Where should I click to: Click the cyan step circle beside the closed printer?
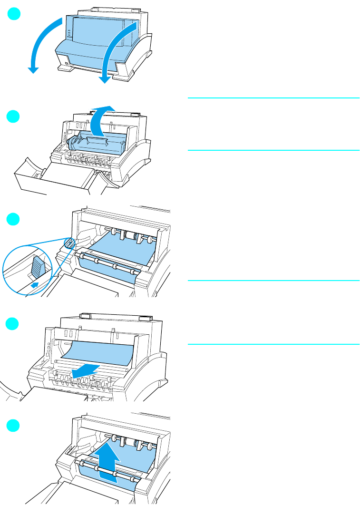(15, 15)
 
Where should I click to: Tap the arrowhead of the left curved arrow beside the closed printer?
(32, 69)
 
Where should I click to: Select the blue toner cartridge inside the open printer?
(97, 143)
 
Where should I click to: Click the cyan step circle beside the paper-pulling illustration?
(15, 324)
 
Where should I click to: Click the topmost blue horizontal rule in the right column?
(273, 98)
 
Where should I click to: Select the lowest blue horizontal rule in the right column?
(273, 344)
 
